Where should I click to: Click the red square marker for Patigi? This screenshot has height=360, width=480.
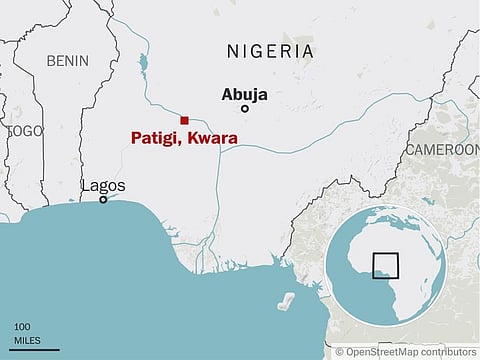(184, 120)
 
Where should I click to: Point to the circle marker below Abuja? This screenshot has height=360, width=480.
(245, 109)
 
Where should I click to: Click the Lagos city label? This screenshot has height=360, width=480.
(103, 186)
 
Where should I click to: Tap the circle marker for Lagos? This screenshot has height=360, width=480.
(102, 200)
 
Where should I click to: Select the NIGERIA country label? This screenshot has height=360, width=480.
(270, 51)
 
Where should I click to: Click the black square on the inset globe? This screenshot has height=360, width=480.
(385, 266)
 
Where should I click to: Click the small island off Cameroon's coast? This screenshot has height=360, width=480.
(289, 299)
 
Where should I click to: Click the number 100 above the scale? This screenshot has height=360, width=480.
(22, 327)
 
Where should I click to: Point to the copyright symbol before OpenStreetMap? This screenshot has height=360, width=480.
(340, 352)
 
